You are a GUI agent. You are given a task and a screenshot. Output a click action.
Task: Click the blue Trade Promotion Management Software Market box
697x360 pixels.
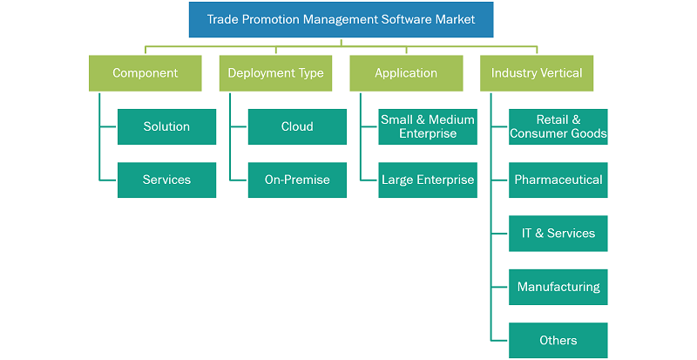tap(341, 19)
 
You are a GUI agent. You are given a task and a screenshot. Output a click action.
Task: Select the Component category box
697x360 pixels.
tap(145, 73)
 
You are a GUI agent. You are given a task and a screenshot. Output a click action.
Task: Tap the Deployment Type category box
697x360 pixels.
tap(275, 73)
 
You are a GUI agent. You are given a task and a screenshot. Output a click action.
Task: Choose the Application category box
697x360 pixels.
tap(406, 73)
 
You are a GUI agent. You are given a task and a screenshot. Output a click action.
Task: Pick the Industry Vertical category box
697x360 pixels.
tap(537, 73)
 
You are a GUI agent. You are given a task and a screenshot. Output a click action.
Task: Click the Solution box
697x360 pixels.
tap(166, 126)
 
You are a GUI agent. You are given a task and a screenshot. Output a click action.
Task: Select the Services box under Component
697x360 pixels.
tap(166, 180)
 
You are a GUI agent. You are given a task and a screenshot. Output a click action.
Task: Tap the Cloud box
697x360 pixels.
tap(297, 126)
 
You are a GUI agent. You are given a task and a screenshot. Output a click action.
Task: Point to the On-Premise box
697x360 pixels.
tap(297, 180)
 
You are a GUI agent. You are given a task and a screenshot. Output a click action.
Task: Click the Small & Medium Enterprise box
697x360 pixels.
tap(428, 126)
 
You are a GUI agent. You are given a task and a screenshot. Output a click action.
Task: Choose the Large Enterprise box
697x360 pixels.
tap(428, 180)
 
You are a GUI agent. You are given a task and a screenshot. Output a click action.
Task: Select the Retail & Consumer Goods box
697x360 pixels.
tap(558, 126)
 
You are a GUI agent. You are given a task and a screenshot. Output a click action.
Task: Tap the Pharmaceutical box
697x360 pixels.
tap(558, 180)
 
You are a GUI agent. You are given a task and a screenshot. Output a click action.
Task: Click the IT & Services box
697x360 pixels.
tap(558, 234)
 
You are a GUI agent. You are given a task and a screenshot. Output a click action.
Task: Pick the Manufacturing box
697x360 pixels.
tap(558, 287)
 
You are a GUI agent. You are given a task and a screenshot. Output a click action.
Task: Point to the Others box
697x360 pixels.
tap(558, 341)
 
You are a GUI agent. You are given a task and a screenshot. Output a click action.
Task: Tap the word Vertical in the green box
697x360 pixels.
tap(561, 73)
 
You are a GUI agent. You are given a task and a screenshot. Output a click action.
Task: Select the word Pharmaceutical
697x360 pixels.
tap(558, 180)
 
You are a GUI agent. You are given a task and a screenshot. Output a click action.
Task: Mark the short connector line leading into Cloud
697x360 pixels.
tap(239, 126)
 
